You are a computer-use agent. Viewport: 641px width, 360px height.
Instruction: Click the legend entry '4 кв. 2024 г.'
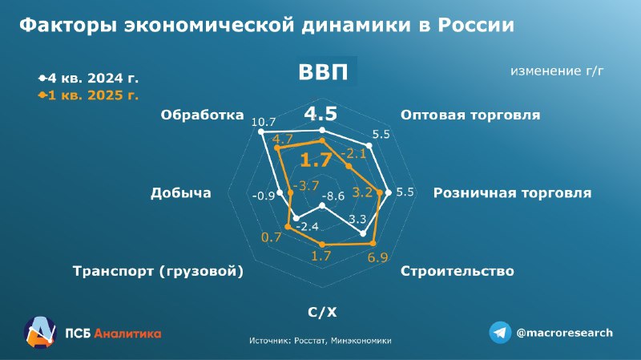coord(89,78)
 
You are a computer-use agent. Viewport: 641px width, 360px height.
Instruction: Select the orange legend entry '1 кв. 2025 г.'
coord(89,95)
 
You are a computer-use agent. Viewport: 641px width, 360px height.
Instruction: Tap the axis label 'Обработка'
coord(202,115)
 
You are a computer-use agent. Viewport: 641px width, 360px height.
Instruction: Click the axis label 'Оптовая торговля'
coord(470,115)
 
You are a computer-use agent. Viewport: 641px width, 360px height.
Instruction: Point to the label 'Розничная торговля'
coord(512,192)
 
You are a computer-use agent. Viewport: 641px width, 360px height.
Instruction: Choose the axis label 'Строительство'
coord(457,271)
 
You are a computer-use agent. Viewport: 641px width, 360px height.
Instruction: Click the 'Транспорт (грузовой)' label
coord(158,271)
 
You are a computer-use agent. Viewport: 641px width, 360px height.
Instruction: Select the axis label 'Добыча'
coord(181,193)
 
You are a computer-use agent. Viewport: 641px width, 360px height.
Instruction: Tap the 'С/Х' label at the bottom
coord(322,312)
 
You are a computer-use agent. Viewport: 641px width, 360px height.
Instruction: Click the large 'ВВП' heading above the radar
coord(323,71)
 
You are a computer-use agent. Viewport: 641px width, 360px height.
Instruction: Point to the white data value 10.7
coord(264,122)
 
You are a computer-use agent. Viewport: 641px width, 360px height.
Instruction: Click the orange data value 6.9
coord(377,257)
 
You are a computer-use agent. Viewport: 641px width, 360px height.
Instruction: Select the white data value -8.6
coord(333,196)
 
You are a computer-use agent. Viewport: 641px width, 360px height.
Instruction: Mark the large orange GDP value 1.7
coord(316,160)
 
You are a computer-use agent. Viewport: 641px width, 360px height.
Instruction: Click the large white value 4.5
coord(321,114)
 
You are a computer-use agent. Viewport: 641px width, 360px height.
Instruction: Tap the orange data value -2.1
coord(353,153)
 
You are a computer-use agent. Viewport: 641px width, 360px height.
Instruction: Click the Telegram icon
coord(500,332)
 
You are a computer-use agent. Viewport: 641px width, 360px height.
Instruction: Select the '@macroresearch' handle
coord(565,333)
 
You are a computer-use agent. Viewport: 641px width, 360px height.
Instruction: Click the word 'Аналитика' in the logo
coord(127,334)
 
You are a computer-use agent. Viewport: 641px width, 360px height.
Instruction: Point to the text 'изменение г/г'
coord(557,71)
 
